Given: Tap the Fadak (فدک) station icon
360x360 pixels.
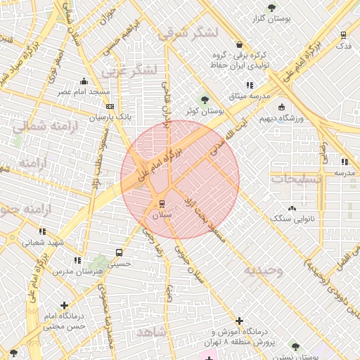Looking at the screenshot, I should click(343, 34).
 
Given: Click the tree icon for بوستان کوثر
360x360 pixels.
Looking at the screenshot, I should click(205, 100).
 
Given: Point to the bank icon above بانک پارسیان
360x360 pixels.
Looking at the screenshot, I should click(110, 106).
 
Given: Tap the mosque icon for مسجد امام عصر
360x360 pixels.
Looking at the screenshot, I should click(84, 81).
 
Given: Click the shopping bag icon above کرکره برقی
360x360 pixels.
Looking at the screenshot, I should click(240, 44).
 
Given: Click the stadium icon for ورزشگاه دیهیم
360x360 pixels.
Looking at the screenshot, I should click(281, 108).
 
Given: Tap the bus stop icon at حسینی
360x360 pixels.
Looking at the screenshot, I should click(119, 252).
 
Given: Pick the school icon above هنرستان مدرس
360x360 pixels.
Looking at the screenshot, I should click(77, 260).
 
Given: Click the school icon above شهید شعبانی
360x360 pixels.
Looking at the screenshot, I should click(43, 231).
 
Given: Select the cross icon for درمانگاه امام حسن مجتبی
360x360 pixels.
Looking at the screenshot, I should click(65, 305).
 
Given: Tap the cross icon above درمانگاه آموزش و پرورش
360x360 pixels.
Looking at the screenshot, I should click(240, 320).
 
